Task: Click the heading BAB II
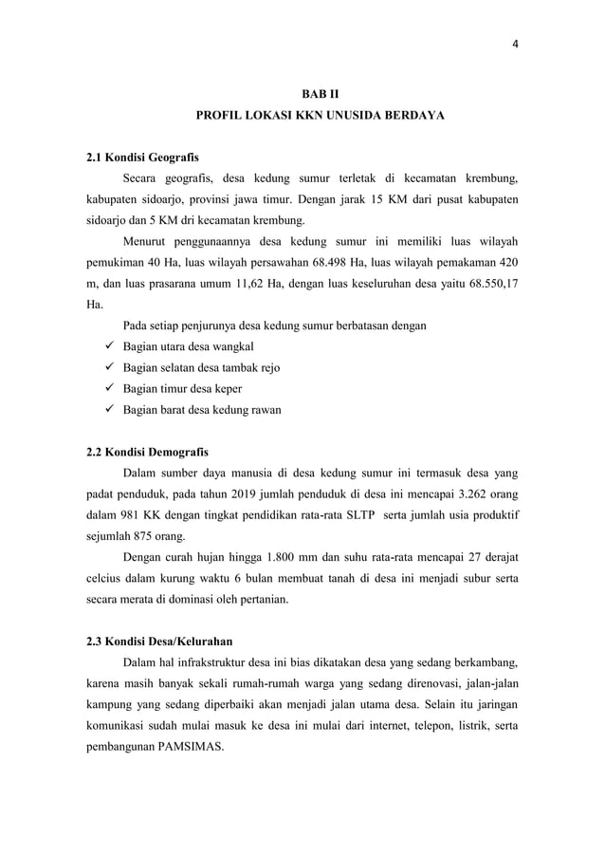pyautogui.click(x=320, y=93)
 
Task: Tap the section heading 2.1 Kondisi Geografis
pyautogui.click(x=142, y=156)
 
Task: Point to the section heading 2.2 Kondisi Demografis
pyautogui.click(x=148, y=450)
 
